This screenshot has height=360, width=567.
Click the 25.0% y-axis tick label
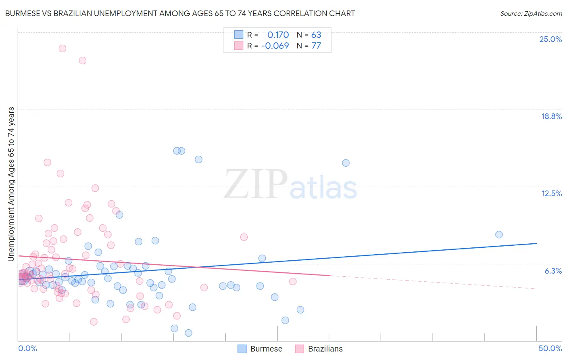click(550, 39)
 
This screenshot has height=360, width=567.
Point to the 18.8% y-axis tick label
click(551, 116)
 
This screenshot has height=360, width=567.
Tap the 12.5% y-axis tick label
click(551, 193)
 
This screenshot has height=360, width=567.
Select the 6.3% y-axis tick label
click(553, 271)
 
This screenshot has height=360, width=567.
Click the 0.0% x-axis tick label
click(27, 348)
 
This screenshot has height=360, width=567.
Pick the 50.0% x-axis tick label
click(550, 348)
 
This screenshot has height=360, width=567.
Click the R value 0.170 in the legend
click(278, 35)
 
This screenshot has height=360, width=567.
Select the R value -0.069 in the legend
click(275, 46)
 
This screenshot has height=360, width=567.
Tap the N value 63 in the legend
click(316, 35)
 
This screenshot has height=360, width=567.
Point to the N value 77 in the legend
click(316, 46)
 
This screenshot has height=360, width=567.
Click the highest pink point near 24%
click(63, 48)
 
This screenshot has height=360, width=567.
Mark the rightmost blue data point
click(499, 234)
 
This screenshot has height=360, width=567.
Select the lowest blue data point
click(188, 333)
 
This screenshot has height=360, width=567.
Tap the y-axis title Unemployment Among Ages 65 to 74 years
click(11, 184)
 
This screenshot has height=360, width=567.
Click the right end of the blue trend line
click(536, 243)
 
